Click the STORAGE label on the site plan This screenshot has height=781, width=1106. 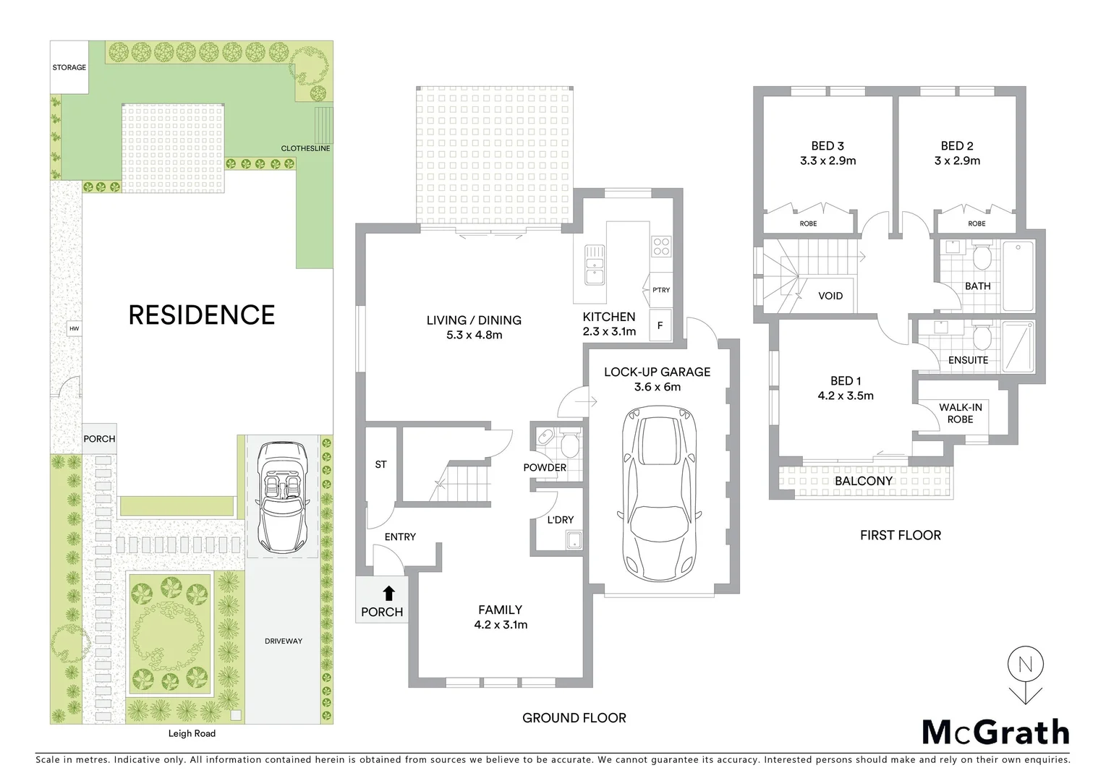click(x=69, y=67)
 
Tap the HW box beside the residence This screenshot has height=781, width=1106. click(x=74, y=328)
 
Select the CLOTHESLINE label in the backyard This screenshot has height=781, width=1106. click(x=305, y=148)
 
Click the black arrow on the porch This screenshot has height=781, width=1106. click(x=388, y=594)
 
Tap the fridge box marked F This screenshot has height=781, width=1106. click(x=660, y=325)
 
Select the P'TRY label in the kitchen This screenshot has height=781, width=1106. click(x=660, y=290)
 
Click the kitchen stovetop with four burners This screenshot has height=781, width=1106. click(x=661, y=247)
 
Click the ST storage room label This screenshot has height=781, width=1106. click(x=380, y=464)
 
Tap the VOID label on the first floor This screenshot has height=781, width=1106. click(x=830, y=296)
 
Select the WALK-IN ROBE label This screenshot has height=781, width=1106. click(x=960, y=413)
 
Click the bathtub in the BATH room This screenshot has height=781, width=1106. click(x=1018, y=276)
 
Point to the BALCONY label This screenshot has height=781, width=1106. click(x=864, y=481)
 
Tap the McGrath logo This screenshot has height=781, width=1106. click(x=995, y=733)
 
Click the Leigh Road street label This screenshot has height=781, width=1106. click(x=192, y=733)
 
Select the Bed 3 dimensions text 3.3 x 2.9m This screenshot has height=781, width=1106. click(x=828, y=161)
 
